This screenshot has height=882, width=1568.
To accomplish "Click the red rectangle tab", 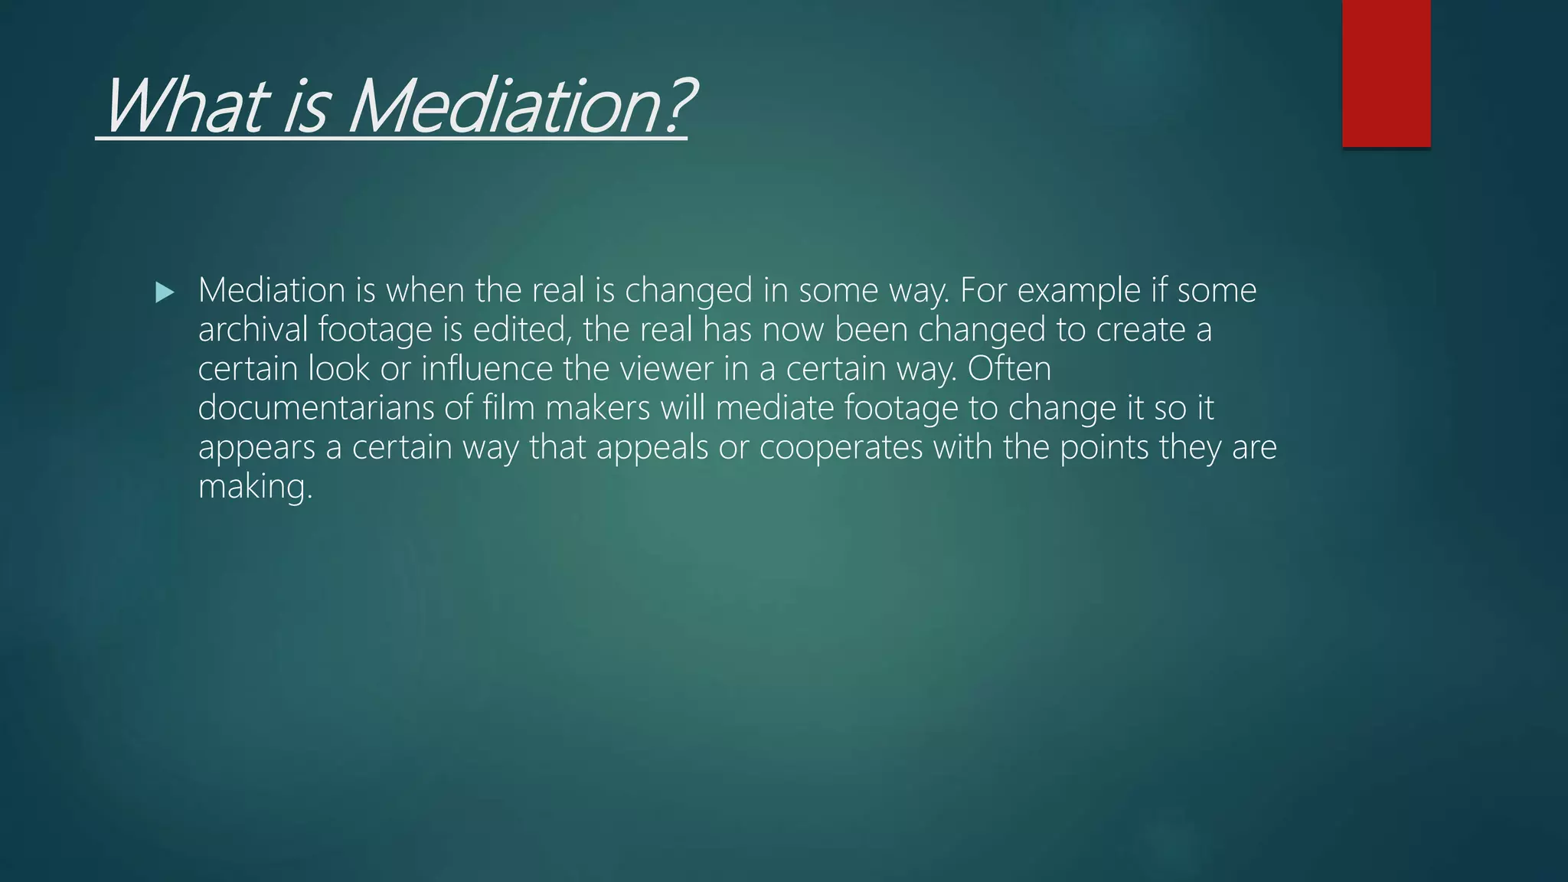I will pos(1386,73).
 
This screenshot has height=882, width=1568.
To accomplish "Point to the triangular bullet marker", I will pos(165,292).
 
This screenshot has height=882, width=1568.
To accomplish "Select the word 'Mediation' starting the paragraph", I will pos(272,290).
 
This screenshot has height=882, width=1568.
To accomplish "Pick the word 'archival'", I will pos(252,329).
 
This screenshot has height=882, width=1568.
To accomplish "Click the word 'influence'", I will pos(486,368).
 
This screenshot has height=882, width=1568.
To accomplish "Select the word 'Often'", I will pos(1009,368).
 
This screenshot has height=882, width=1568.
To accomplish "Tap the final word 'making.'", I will pos(255,487).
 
